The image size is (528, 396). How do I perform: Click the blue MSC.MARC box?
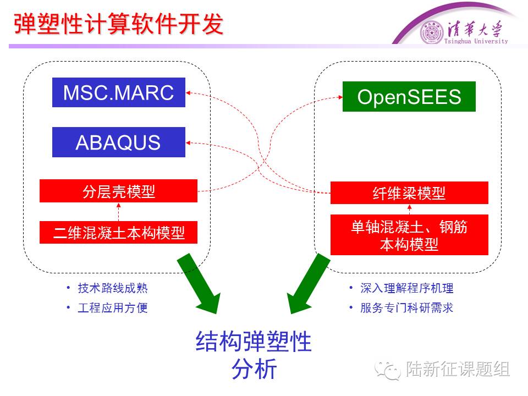[119, 92]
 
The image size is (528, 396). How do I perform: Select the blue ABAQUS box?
[119, 142]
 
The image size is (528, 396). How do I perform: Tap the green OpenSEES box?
[409, 97]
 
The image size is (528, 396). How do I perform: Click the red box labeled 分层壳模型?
[118, 191]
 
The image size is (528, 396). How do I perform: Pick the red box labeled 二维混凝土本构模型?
[118, 233]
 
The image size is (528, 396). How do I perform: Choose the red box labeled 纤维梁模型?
[409, 193]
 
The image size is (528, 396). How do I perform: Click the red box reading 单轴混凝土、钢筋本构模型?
[409, 235]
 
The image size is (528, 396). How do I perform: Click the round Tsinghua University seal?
[431, 32]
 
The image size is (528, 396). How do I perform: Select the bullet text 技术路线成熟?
[113, 288]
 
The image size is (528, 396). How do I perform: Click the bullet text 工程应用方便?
[113, 307]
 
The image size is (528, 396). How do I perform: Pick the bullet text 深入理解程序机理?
[407, 288]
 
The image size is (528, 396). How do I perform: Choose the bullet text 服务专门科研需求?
[407, 307]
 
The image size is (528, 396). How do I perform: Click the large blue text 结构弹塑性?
[254, 342]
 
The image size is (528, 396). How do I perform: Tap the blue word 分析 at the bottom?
[254, 370]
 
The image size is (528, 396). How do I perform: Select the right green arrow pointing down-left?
[309, 284]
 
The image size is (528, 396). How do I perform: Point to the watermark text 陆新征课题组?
[458, 370]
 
